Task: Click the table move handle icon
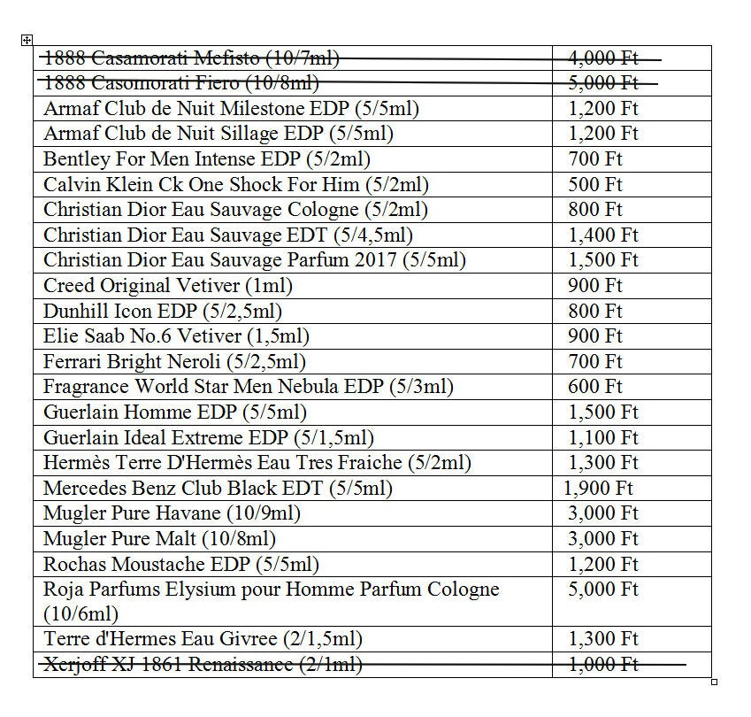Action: coord(27,40)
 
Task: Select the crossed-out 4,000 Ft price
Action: coord(602,58)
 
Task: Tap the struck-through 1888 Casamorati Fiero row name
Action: coord(180,83)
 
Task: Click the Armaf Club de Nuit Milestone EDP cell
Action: coord(231,109)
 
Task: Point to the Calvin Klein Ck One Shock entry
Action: coord(235,185)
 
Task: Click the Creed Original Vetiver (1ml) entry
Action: coord(167,286)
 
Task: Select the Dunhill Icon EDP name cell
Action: coord(162,312)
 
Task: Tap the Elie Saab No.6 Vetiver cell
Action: coord(176,336)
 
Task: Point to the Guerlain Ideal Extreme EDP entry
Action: coord(208,437)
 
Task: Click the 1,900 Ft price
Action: coord(598,488)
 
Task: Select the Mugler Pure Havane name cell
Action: coord(172,513)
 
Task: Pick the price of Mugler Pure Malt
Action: coord(602,538)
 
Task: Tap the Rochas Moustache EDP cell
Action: coord(180,564)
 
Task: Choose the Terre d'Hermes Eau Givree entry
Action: coord(203,639)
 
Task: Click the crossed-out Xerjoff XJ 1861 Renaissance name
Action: coord(203,664)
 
